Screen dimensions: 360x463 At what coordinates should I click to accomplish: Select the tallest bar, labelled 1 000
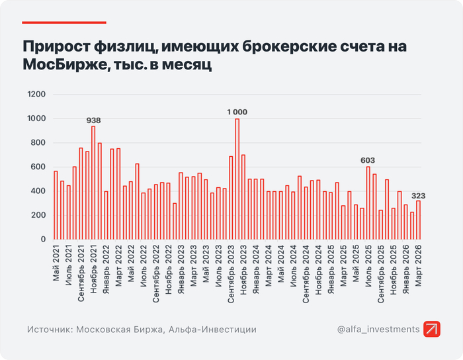tap(237, 179)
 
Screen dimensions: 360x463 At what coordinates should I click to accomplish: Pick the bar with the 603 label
tap(368, 202)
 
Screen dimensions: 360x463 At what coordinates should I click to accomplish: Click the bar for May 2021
tap(56, 205)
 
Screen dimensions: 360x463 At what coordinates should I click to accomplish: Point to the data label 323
tap(418, 196)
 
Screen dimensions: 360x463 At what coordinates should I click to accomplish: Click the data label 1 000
tap(237, 112)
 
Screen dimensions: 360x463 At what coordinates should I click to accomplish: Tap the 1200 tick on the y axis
tap(37, 95)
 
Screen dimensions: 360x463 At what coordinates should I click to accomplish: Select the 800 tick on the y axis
tap(38, 143)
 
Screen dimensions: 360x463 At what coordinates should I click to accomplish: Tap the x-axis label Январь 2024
tap(256, 269)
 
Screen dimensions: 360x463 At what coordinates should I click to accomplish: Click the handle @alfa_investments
tap(377, 329)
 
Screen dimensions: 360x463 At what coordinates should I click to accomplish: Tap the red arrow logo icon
tap(433, 329)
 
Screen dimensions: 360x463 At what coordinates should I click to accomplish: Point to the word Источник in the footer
tap(50, 330)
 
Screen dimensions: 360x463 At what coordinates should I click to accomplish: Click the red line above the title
tap(64, 22)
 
